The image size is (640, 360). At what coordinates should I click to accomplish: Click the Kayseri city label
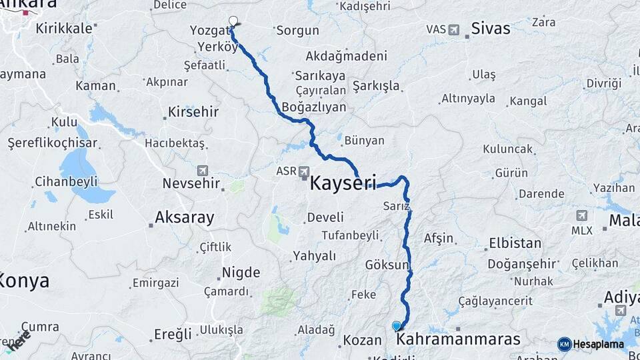[343, 182]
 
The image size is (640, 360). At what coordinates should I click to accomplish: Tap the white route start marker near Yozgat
[233, 21]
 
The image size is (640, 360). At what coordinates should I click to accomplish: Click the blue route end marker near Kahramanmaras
[397, 325]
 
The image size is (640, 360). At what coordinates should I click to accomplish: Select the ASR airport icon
[304, 172]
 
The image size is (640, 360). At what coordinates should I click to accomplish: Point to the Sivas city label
[490, 28]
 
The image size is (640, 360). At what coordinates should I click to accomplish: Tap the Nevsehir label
[192, 183]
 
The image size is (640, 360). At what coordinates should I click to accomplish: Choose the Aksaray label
[184, 217]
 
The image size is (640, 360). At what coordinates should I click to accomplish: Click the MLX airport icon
[581, 216]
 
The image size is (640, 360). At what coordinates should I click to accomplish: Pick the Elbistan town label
[516, 243]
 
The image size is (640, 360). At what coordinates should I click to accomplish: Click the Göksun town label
[386, 265]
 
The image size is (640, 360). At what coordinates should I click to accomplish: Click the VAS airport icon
[454, 29]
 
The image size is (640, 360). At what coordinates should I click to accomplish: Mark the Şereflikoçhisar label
[52, 143]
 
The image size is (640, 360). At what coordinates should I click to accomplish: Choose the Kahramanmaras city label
[458, 339]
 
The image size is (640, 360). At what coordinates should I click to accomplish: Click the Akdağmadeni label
[346, 56]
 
